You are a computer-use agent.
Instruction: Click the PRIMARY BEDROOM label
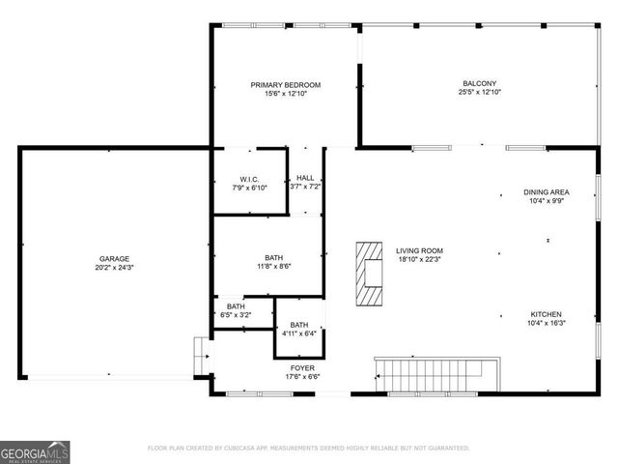tap(285, 85)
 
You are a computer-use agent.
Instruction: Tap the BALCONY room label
tap(478, 85)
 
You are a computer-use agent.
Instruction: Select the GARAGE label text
tap(114, 258)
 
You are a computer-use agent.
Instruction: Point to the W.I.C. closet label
tap(250, 179)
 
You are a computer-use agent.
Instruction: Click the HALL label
tap(305, 178)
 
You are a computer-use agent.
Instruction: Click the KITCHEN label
tap(547, 314)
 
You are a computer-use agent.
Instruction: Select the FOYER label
tap(302, 368)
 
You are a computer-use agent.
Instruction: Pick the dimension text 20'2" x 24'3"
tap(114, 268)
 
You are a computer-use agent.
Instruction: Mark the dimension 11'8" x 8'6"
tap(274, 267)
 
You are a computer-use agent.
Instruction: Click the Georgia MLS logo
tap(34, 450)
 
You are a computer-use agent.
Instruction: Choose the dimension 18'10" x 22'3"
tap(419, 260)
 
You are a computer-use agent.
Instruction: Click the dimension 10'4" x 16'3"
tap(547, 324)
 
